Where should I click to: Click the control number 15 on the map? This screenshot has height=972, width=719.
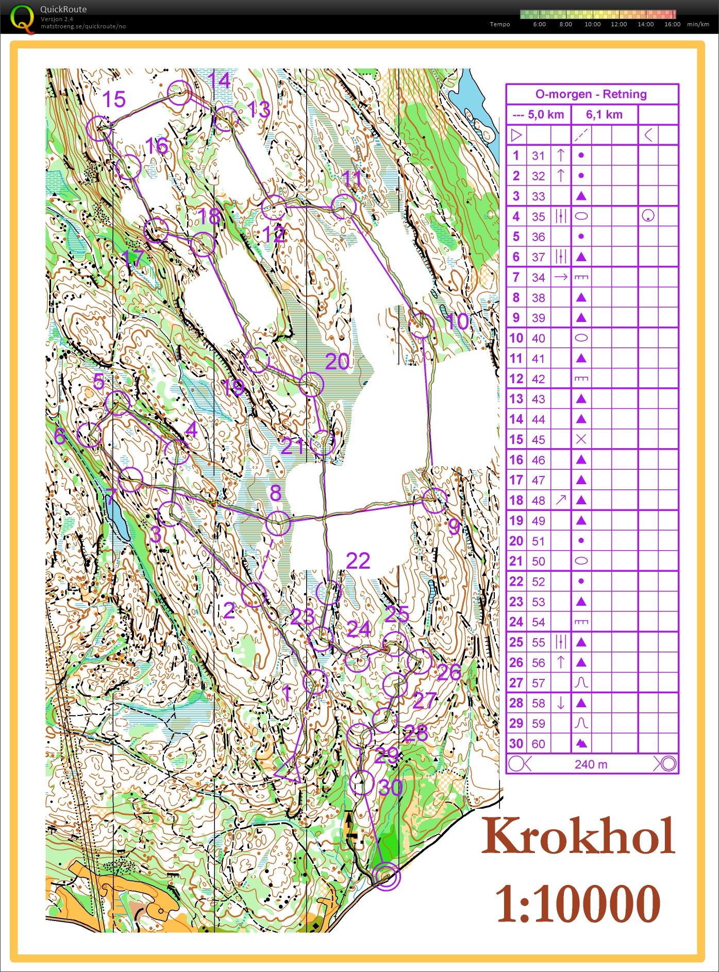coord(114,99)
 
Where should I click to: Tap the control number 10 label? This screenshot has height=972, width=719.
coord(457,321)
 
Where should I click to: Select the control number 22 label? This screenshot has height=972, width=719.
coord(358,561)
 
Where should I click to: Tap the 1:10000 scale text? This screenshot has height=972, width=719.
coord(578,903)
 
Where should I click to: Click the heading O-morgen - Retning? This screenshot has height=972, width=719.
coord(591,94)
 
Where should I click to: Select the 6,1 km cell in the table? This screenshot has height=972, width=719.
coord(604,115)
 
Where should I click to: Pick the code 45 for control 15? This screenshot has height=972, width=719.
coord(538,440)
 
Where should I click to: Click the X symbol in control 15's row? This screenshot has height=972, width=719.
coord(581,439)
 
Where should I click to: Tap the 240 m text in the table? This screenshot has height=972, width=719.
coord(591,764)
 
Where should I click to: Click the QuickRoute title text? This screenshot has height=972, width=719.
coord(63,9)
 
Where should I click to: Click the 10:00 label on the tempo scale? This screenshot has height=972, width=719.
coord(592,24)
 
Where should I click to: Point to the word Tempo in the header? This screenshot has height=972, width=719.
coord(499,24)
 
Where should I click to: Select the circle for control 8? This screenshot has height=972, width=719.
coord(278,523)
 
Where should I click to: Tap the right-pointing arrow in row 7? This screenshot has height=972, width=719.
coord(561,277)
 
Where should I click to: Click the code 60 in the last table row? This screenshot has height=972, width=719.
coord(538,744)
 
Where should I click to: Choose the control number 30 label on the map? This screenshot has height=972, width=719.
coord(390,787)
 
